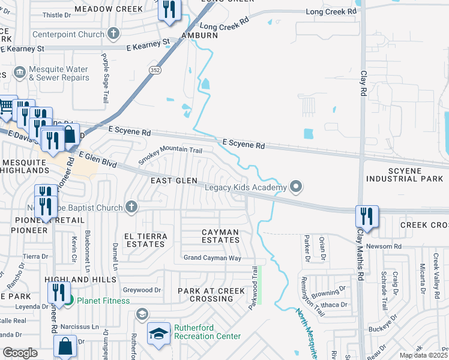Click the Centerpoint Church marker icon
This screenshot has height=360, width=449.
click(x=113, y=34)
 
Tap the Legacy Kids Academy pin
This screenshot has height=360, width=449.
click(x=295, y=188)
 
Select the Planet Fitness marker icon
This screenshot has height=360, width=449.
click(x=69, y=301)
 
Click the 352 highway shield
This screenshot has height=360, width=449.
click(x=155, y=70)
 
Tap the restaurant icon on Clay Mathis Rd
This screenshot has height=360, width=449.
click(x=366, y=215)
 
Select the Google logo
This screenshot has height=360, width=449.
click(x=20, y=353)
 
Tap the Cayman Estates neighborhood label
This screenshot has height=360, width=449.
click(x=220, y=236)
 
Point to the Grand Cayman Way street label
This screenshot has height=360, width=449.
click(x=212, y=258)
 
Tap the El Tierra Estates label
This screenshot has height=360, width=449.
click(x=144, y=240)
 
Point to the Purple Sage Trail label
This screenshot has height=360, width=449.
click(x=105, y=69)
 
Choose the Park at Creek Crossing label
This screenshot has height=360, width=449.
click(x=211, y=295)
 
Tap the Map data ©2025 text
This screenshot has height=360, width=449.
click(x=424, y=355)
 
